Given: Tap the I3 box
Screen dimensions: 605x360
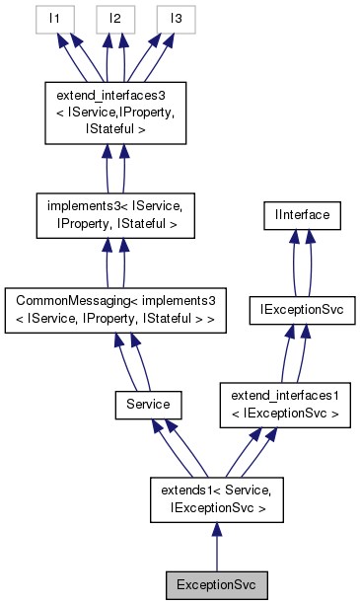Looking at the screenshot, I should coord(176,18).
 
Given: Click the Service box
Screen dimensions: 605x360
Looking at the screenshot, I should coord(147,404).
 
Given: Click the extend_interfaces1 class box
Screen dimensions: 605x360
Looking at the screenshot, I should coord(284,404).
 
